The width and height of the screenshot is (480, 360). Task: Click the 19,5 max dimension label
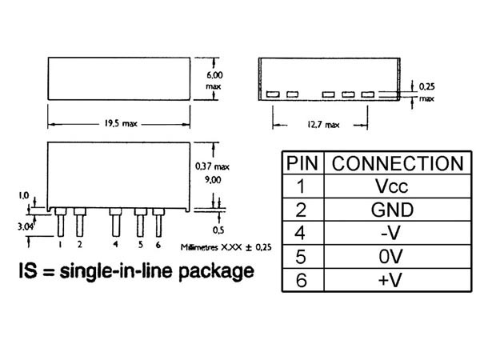[x=121, y=124]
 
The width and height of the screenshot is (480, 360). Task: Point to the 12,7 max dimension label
[x=323, y=125]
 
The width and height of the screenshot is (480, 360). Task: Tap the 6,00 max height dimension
[x=214, y=80]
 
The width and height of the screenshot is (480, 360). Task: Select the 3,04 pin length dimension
[x=25, y=227]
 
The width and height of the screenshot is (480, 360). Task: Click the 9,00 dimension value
[x=213, y=180]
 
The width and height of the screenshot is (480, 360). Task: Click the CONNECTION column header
[x=398, y=163]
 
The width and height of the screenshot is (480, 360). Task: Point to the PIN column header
[x=302, y=163]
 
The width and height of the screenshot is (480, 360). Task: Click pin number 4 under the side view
[x=115, y=244]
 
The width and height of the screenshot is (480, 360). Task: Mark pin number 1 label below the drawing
[x=60, y=244]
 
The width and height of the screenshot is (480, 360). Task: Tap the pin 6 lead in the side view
[x=158, y=222]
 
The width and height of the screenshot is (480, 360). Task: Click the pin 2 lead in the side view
[x=79, y=222]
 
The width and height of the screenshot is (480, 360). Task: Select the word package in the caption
[x=217, y=272]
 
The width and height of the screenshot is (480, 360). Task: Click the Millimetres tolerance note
[x=226, y=247]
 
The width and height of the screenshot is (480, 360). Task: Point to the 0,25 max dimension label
[x=426, y=92]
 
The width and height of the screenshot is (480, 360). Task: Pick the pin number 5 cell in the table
[x=301, y=257]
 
